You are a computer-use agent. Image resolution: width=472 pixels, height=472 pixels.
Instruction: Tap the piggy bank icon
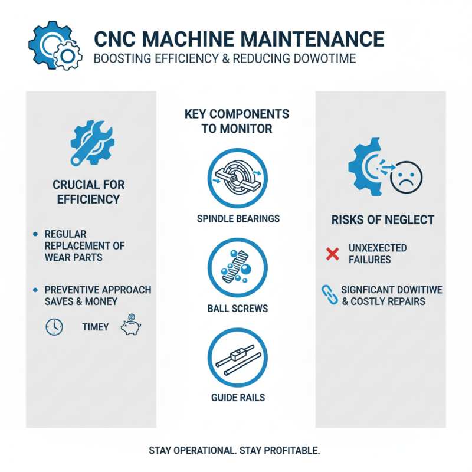[x=130, y=327]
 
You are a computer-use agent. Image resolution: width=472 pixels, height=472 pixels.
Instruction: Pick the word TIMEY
[x=95, y=327]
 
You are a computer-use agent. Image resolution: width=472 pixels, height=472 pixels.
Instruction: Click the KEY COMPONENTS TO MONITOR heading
[x=237, y=120]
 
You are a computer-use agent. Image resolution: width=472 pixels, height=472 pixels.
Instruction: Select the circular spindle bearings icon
[x=238, y=176]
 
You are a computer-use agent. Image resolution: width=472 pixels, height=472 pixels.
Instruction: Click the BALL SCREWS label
[x=238, y=308]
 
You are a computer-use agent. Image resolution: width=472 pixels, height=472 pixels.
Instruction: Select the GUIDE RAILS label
[x=238, y=398]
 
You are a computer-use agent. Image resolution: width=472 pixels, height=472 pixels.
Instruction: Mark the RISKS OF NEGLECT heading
[x=383, y=220]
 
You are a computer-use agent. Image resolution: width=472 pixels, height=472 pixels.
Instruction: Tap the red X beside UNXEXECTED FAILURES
[x=333, y=254]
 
